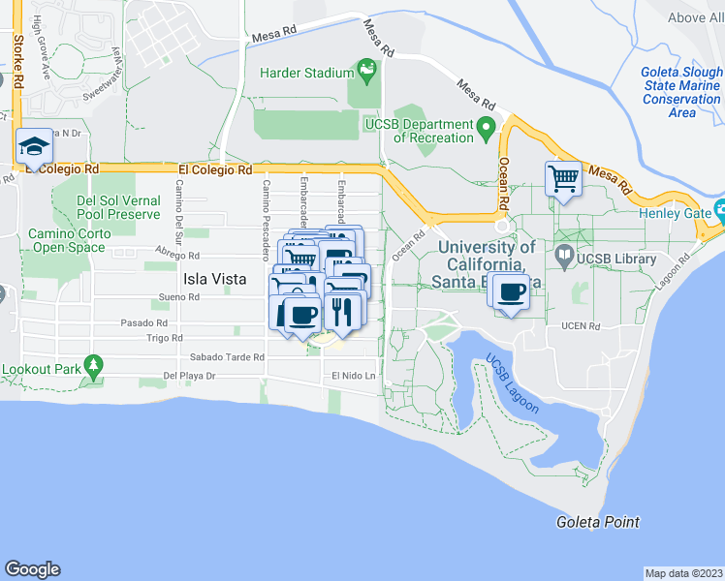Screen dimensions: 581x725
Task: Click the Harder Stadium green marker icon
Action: (x=366, y=69)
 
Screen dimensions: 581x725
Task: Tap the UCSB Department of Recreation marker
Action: (x=486, y=126)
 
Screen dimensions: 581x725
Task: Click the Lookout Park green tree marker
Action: (x=93, y=366)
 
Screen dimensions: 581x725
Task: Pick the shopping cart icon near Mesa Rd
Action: (x=564, y=179)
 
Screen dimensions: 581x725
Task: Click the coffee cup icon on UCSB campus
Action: (x=510, y=291)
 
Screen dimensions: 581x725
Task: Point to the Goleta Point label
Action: (x=597, y=522)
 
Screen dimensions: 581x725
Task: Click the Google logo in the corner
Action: (x=32, y=569)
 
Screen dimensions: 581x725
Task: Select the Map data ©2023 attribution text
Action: (x=683, y=572)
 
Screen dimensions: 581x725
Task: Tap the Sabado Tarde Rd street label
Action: (x=227, y=356)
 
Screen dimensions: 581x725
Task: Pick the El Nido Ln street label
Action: (x=352, y=375)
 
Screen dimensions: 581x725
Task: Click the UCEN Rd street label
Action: (x=581, y=326)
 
